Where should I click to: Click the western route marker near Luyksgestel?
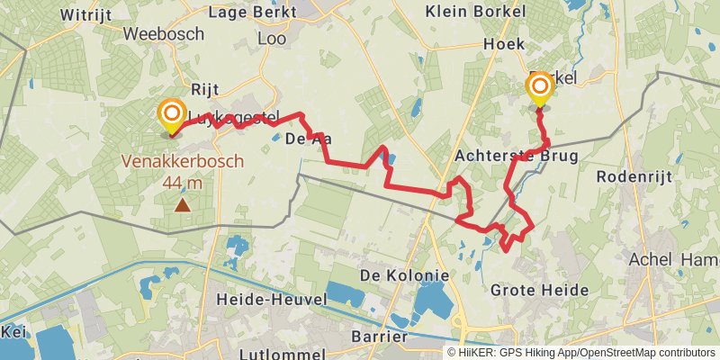coord(171,114)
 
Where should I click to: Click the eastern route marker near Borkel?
coord(540,87)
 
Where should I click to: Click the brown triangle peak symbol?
coord(183,205)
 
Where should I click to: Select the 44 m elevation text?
coord(183,183)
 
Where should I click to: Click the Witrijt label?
coord(86,13)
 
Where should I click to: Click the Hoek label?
coord(504,43)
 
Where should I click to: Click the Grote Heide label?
coord(540,290)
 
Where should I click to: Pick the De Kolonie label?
coord(404,274)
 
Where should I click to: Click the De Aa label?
coord(303,139)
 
